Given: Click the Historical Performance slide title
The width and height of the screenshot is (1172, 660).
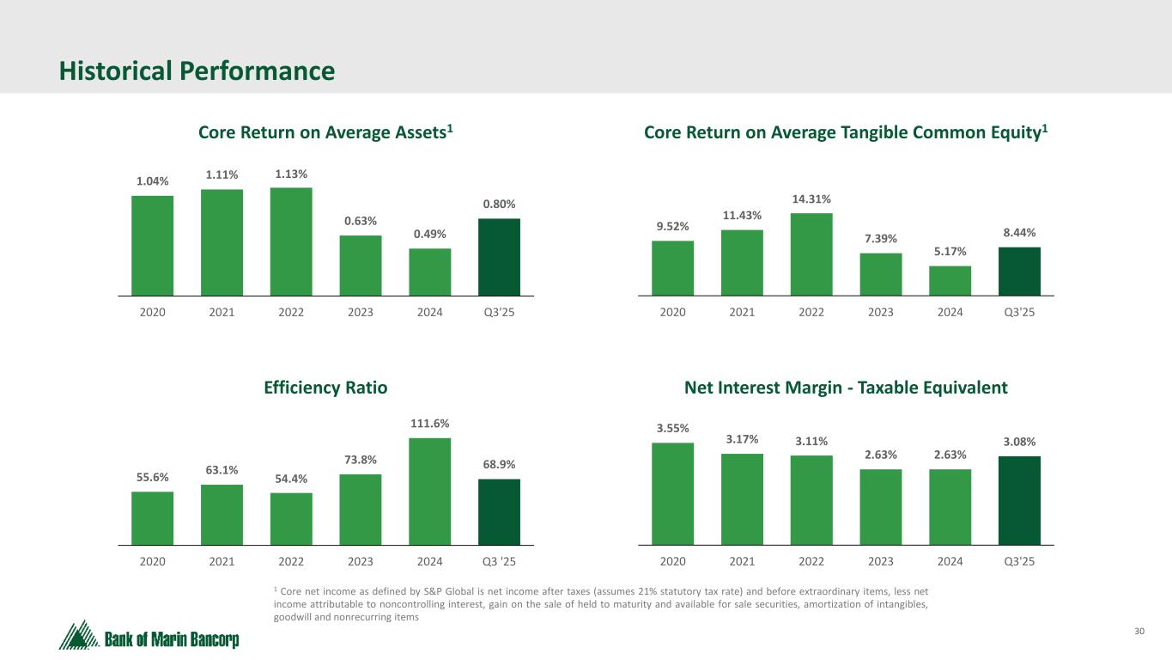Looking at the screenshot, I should pyautogui.click(x=197, y=71).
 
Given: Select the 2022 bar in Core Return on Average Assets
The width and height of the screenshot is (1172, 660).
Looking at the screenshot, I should pyautogui.click(x=291, y=241).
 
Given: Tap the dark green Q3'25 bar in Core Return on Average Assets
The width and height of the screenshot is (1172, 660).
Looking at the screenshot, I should pyautogui.click(x=499, y=257).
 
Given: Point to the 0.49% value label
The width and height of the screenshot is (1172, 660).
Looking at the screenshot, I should pyautogui.click(x=429, y=235).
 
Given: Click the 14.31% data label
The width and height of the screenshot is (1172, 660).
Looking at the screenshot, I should pyautogui.click(x=811, y=199).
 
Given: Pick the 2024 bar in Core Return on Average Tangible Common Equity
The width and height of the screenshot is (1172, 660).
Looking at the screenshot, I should pyautogui.click(x=950, y=281).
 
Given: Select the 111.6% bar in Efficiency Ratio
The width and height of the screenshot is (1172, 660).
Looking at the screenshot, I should pyautogui.click(x=429, y=492).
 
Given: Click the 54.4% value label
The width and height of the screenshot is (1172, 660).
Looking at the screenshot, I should pyautogui.click(x=291, y=479).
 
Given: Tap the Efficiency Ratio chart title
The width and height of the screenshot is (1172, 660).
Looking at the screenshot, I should pyautogui.click(x=325, y=388).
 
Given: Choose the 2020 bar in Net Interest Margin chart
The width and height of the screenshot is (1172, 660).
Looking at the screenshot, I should pyautogui.click(x=672, y=493).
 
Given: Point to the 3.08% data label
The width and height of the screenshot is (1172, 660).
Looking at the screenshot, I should pyautogui.click(x=1019, y=442).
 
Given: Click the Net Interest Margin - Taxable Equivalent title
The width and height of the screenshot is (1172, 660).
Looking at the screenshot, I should pyautogui.click(x=846, y=388).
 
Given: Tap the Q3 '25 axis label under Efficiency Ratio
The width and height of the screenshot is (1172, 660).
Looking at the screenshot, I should pyautogui.click(x=499, y=562).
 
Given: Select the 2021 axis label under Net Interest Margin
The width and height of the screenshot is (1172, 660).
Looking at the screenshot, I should pyautogui.click(x=742, y=562).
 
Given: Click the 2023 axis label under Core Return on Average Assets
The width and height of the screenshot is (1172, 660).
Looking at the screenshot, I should pyautogui.click(x=361, y=312).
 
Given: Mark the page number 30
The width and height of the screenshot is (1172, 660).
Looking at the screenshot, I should pyautogui.click(x=1139, y=632).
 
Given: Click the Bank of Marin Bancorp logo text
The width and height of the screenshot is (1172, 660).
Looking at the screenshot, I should pyautogui.click(x=172, y=639).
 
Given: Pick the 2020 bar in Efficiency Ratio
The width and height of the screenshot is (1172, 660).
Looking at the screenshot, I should pyautogui.click(x=152, y=518).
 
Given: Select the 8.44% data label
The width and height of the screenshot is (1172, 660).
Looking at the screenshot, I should pyautogui.click(x=1019, y=233).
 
